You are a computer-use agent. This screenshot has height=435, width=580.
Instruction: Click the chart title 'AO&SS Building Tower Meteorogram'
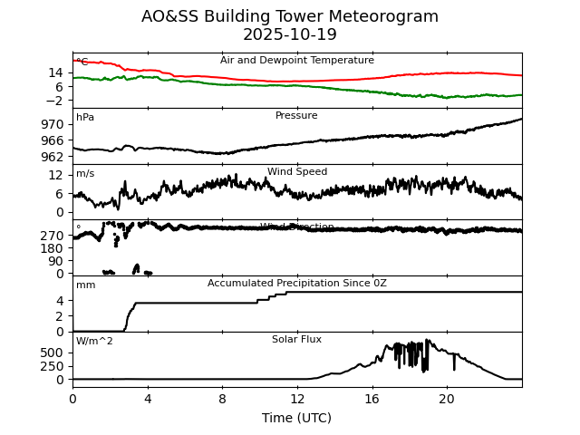tap(290, 16)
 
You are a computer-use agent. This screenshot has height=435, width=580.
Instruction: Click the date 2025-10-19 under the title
tap(290, 34)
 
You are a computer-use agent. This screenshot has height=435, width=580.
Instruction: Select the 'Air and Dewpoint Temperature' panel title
tap(297, 61)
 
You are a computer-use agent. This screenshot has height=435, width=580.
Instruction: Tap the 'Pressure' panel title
tap(297, 116)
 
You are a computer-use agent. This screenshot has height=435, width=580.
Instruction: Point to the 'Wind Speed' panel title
tap(297, 172)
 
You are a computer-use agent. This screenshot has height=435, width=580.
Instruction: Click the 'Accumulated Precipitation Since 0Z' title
tap(297, 284)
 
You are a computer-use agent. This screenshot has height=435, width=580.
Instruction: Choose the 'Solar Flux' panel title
tap(297, 340)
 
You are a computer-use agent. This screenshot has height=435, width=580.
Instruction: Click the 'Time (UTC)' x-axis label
tap(297, 418)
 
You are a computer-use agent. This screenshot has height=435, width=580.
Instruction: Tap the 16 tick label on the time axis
tap(372, 397)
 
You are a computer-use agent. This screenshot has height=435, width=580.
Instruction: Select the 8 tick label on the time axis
tap(222, 397)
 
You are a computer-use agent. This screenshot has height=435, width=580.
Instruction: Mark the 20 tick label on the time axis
tap(447, 397)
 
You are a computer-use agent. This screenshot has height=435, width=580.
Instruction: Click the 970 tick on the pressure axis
tap(53, 124)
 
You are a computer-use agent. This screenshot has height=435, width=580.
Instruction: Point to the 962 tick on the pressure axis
tap(53, 156)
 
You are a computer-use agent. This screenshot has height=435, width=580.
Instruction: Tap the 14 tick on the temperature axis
tap(56, 72)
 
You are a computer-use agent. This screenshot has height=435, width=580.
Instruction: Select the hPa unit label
tap(85, 118)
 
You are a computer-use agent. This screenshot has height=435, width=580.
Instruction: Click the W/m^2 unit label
tap(94, 342)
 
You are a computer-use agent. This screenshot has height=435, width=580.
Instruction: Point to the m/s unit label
tap(85, 174)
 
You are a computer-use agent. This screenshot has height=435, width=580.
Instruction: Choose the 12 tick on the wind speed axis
tap(56, 175)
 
